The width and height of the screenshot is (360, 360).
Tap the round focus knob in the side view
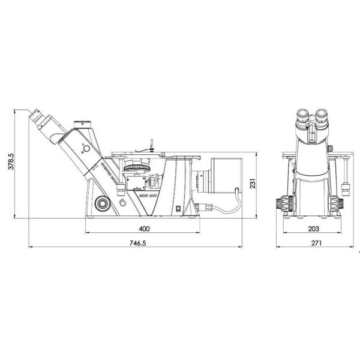pyautogui.click(x=103, y=203)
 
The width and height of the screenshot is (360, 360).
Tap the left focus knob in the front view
pyautogui.click(x=280, y=203)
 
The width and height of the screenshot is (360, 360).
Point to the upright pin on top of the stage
pyautogui.click(x=151, y=144)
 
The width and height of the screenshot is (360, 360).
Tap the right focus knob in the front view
pyautogui.click(x=340, y=203)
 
